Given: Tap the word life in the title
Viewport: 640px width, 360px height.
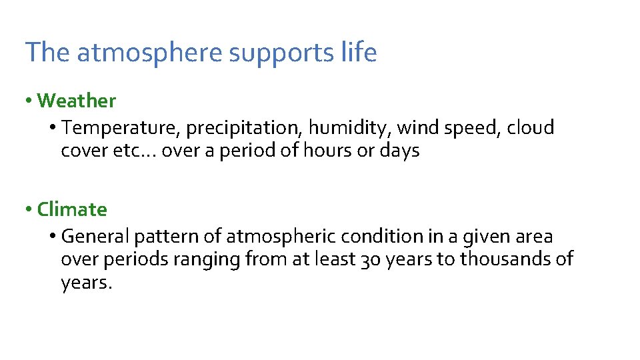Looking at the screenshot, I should (360, 52).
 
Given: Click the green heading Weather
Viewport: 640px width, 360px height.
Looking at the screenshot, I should (77, 101).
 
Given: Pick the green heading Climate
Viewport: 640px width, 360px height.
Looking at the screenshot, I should (72, 209).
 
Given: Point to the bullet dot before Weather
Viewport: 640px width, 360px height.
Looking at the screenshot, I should (29, 101).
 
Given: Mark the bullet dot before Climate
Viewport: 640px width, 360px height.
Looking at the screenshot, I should (29, 209).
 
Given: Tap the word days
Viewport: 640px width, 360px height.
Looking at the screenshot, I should (399, 151).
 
